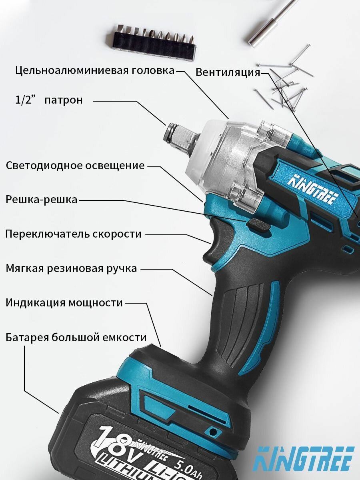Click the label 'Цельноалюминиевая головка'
pos(95,71)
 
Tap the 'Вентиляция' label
pos(228,72)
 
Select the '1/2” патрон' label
pos(49,100)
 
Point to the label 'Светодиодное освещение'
pos(75,166)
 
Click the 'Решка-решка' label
pos(42,199)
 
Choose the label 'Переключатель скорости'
pos(73,234)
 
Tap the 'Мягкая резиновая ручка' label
pos(71,268)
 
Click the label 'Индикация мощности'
pos(64,303)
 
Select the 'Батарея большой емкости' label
pos(76,338)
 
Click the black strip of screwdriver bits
pos(152,40)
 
